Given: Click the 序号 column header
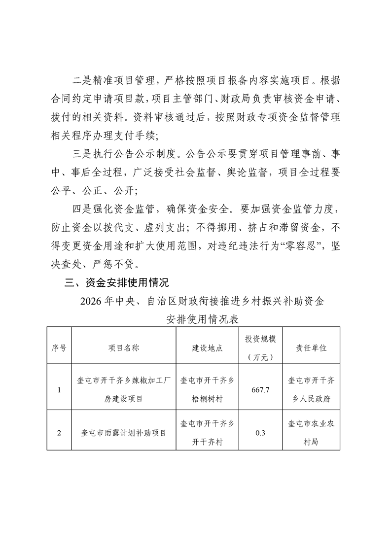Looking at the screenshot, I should pos(59,347).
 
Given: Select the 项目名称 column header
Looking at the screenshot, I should pos(124,347).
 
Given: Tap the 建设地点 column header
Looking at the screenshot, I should pos(207,347).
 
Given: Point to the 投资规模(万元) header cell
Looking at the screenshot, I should pos(260,347).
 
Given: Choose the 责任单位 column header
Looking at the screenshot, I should pos(311,347).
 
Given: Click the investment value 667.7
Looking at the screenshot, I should pos(260,390).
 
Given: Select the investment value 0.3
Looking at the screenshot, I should pos(260,433).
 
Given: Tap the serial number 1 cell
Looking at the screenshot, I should pos(59,390).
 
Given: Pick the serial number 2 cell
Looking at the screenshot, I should pos(59,433).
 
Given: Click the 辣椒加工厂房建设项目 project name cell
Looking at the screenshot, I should pos(124,390).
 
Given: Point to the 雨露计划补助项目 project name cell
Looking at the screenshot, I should pos(124,433).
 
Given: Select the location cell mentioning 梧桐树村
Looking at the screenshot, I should pos(207,390).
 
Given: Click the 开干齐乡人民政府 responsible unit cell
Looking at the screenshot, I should pos(311,390).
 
